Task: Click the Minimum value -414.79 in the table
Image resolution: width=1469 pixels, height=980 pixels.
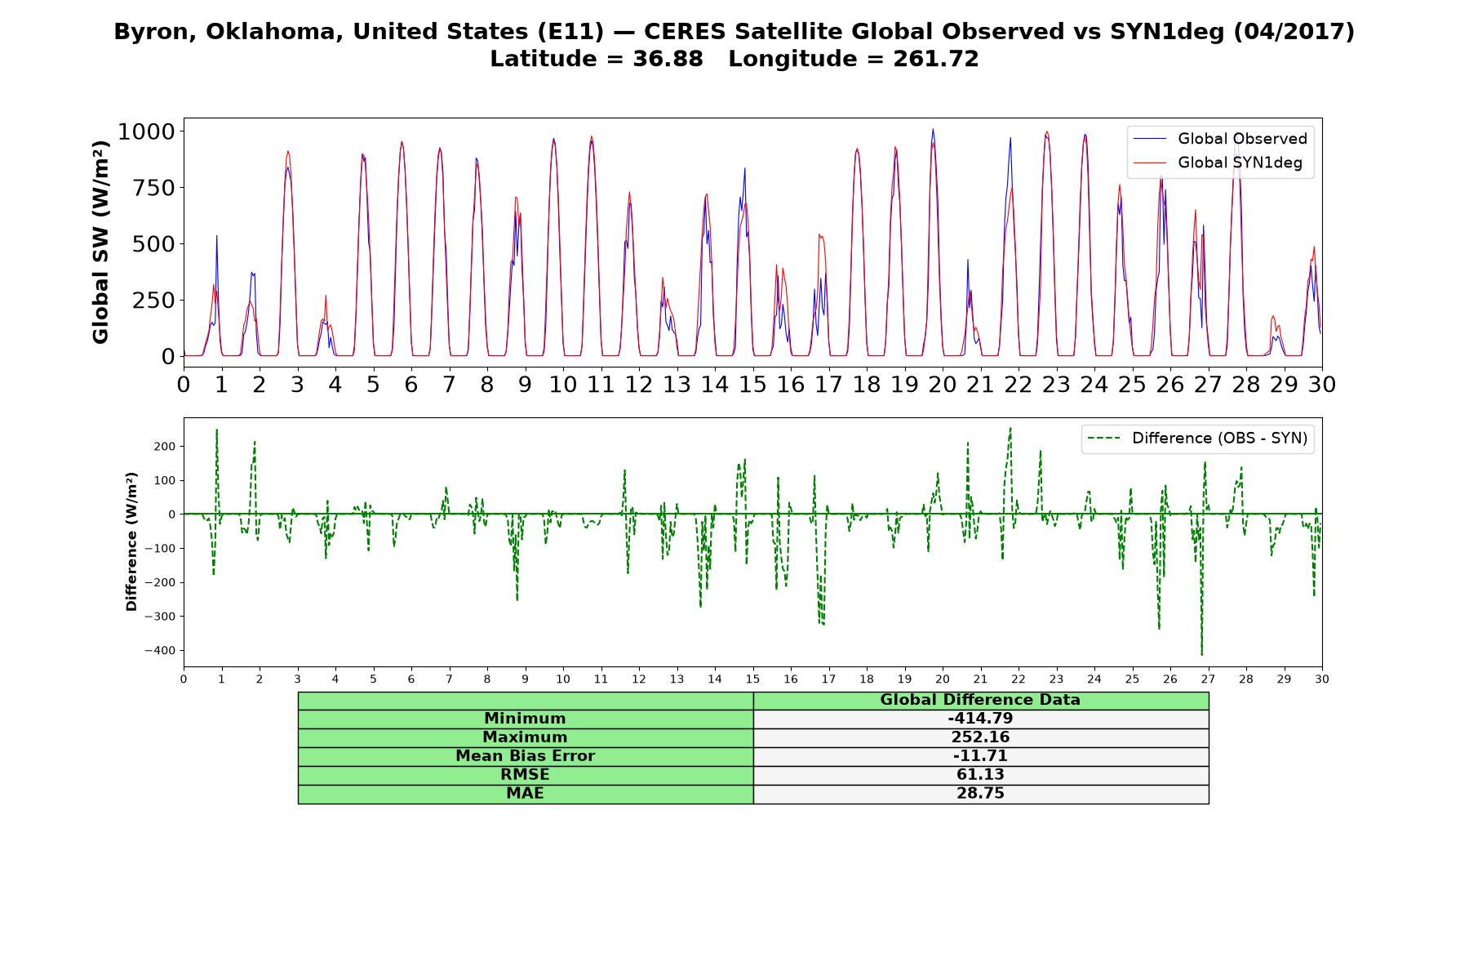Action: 980,719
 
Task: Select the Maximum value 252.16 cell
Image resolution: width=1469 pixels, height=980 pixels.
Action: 980,737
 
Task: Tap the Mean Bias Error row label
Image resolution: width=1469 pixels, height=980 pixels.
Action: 525,756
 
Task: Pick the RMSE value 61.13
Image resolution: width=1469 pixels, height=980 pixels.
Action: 980,775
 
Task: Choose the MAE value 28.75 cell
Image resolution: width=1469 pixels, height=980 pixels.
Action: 980,794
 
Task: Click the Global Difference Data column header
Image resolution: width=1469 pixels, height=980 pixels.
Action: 980,700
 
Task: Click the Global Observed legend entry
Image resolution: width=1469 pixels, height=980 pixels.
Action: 1221,139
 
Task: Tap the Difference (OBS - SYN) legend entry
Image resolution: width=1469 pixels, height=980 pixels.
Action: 1198,439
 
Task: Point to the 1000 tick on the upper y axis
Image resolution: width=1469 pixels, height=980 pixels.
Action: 147,131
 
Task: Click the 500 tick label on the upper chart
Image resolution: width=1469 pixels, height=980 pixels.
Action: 153,244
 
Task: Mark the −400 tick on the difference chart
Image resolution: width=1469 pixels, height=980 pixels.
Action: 160,651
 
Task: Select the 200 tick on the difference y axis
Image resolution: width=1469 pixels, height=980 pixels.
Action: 165,447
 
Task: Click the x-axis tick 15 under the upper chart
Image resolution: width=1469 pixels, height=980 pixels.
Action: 752,384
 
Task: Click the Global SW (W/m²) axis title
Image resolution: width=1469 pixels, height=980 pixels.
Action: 100,243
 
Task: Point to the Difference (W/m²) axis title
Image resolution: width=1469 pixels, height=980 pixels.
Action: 131,542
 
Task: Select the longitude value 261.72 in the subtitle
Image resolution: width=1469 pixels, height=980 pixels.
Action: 935,59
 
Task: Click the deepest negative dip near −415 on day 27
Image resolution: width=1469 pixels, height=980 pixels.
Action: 1201,654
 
